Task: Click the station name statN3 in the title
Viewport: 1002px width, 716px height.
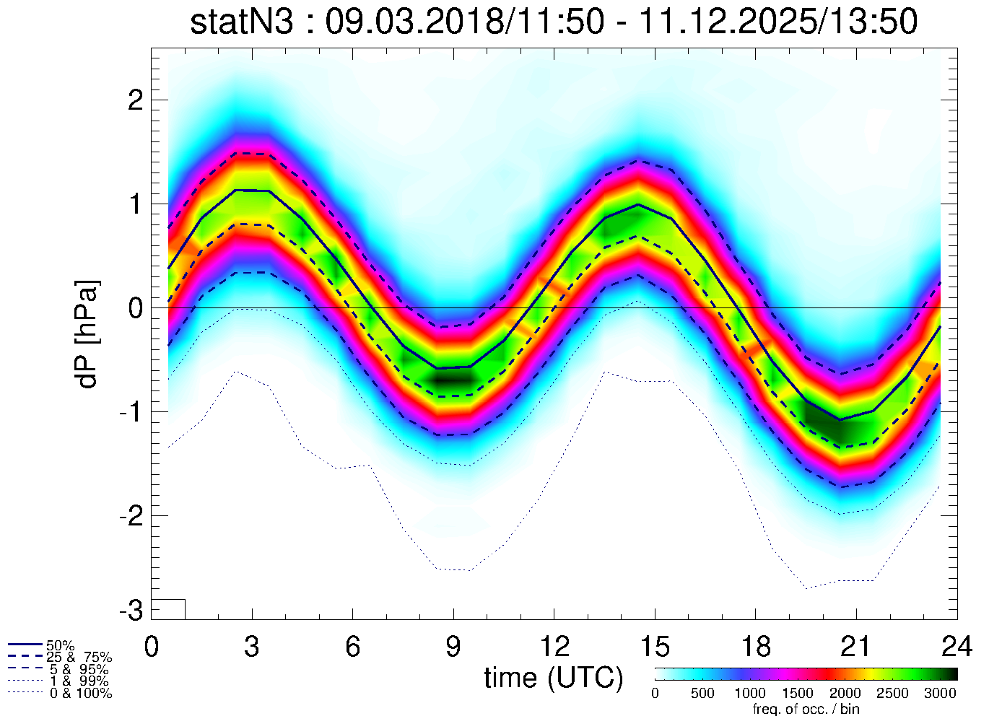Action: tap(242, 22)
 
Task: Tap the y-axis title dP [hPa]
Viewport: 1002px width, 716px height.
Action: tap(88, 334)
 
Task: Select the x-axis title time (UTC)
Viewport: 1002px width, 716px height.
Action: tap(553, 678)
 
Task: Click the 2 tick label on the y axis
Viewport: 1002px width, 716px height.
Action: tap(135, 100)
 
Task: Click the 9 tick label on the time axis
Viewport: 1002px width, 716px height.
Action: tap(453, 647)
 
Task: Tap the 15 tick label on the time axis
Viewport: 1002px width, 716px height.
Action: tap(654, 647)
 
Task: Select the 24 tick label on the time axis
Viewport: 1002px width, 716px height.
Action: tap(956, 647)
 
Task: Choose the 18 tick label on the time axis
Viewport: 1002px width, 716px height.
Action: tap(755, 647)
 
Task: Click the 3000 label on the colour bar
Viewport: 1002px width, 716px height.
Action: tap(940, 694)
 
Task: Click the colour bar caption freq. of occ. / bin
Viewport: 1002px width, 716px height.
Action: tap(806, 709)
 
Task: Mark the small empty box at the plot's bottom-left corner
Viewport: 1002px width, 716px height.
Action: tap(168, 609)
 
